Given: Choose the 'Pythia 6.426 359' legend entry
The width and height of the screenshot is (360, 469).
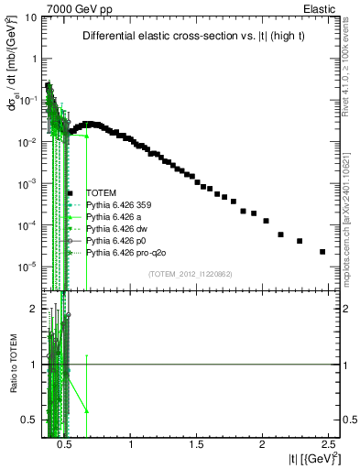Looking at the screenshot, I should coord(119,204).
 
